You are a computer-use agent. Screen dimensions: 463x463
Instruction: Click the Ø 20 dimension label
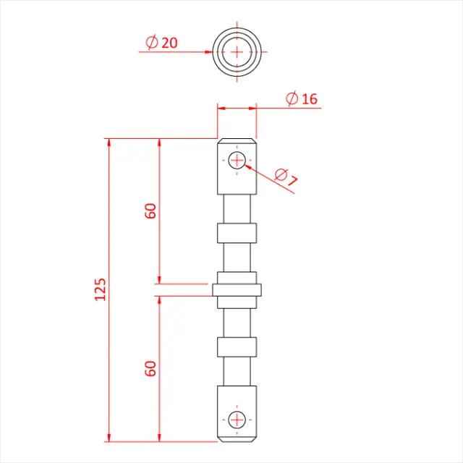161,43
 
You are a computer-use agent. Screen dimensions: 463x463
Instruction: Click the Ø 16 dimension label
302,99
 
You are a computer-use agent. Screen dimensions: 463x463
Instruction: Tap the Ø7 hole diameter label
286,177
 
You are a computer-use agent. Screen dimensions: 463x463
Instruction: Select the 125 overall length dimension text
100,289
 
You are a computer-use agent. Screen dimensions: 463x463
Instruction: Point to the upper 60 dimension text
150,211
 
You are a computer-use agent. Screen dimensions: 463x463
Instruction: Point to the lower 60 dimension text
150,368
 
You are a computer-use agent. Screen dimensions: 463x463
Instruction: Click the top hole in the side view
237,161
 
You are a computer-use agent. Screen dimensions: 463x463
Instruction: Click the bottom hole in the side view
237,419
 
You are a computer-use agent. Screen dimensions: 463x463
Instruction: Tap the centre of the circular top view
237,51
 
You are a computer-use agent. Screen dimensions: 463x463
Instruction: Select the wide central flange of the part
237,290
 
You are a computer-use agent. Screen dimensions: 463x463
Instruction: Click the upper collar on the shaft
237,233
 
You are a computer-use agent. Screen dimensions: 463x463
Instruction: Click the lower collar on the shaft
237,347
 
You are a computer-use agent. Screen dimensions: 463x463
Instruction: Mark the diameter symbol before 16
292,99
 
